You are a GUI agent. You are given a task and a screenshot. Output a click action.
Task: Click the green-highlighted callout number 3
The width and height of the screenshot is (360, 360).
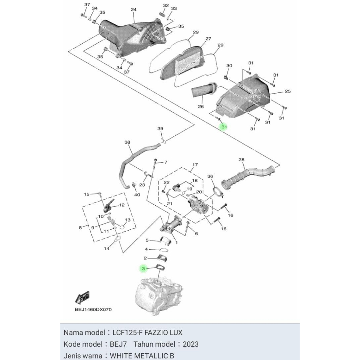pos(142,269)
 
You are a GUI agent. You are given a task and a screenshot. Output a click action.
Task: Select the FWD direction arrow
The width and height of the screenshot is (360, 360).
pos(82,298)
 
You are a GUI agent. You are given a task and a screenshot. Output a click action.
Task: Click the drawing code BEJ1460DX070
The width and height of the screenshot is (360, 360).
pos(93,310)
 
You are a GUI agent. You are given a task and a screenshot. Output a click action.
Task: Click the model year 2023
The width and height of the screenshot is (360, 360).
pos(190,344)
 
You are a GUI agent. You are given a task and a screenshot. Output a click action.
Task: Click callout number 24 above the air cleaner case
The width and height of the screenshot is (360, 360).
pos(133,9)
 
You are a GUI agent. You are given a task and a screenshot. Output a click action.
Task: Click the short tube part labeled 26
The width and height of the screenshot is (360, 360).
pos(202,91)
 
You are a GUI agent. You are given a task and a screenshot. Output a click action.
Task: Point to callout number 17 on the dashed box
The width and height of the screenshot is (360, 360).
pos(195,165)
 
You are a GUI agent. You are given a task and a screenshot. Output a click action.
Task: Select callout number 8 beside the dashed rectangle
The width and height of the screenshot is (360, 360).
pos(80,228)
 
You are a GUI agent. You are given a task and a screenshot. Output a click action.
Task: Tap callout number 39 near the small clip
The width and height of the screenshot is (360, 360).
pos(160,129)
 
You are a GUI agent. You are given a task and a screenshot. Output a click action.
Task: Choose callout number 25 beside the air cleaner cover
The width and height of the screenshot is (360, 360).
pos(288,91)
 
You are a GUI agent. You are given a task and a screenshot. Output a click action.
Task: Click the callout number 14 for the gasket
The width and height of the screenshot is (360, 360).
pos(107,248)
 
